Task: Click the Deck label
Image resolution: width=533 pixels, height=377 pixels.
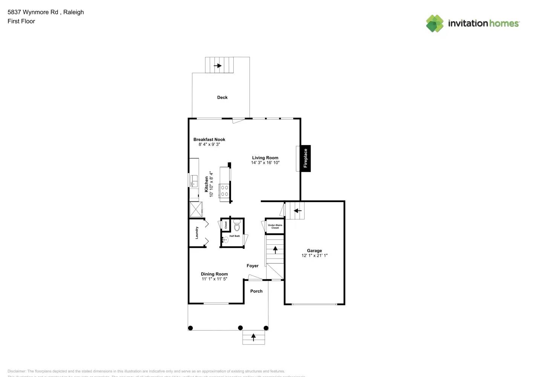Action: tap(222, 97)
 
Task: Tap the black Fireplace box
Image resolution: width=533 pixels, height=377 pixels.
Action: tap(305, 158)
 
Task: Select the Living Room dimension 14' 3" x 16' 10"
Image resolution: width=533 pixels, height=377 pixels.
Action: tap(265, 163)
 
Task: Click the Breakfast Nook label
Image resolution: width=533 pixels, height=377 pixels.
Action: tap(209, 139)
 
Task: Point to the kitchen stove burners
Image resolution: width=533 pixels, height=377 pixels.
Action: tap(224, 191)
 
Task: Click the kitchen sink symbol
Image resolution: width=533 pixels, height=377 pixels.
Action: tap(194, 181)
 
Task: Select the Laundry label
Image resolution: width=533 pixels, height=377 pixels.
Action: tap(197, 233)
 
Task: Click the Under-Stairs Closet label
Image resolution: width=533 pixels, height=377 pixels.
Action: tap(275, 226)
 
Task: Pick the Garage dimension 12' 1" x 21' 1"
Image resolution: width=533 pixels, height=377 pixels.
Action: tap(314, 256)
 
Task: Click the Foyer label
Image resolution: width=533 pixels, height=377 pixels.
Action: tap(253, 266)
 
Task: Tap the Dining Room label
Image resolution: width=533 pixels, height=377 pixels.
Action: tap(214, 274)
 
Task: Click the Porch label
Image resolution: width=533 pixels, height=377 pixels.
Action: tap(256, 291)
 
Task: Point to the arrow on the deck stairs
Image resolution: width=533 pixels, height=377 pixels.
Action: tap(217, 66)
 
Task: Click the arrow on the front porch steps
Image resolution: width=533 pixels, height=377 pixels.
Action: tap(253, 337)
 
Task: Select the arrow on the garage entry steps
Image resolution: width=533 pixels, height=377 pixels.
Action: tap(298, 211)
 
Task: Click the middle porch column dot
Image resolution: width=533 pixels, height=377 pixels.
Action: tap(240, 328)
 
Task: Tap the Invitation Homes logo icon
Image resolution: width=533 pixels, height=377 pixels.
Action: tap(435, 23)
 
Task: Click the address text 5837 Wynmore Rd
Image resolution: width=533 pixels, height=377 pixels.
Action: tap(33, 12)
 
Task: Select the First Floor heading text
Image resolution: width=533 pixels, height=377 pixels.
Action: tap(21, 21)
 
